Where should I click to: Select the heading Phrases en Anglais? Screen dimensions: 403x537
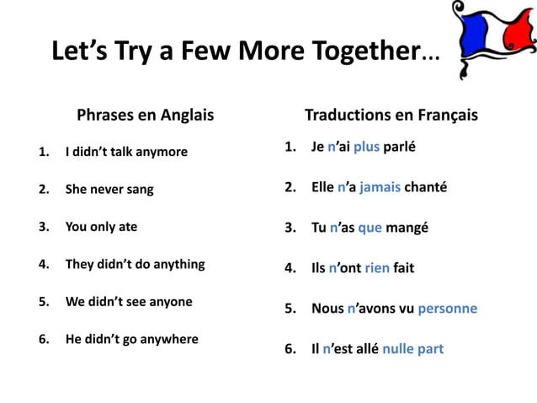point(145,115)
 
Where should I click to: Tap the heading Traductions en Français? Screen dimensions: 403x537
point(391,115)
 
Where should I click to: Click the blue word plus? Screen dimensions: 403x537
point(366,148)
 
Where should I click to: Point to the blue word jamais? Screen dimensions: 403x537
point(380,187)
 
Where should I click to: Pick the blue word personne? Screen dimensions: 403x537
point(447,309)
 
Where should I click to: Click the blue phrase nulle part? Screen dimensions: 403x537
point(412,348)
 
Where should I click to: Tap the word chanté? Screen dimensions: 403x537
point(425,187)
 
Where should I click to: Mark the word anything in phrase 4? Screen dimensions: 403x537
point(175,264)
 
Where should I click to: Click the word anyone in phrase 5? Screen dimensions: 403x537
point(166,301)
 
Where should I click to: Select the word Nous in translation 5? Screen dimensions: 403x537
point(327,309)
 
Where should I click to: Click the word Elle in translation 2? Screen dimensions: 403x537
point(322,187)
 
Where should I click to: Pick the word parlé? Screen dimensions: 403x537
point(400,148)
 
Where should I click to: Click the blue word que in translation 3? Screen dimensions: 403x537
point(370,228)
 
